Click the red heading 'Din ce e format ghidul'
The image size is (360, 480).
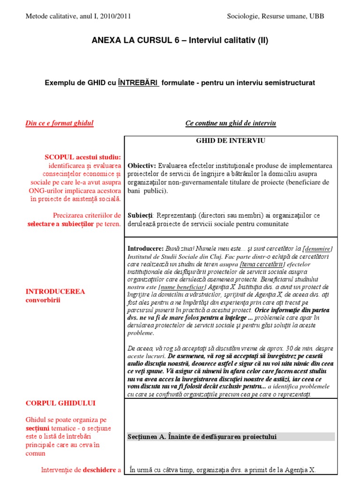[59, 123]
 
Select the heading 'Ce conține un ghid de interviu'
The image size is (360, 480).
[231, 123]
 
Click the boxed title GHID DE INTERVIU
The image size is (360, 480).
[231, 140]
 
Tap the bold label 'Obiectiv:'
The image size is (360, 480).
[142, 166]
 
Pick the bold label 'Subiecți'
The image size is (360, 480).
[140, 216]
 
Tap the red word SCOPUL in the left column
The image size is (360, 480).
[61, 157]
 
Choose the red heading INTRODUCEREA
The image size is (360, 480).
[55, 292]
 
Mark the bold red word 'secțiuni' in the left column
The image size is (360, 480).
[37, 428]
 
